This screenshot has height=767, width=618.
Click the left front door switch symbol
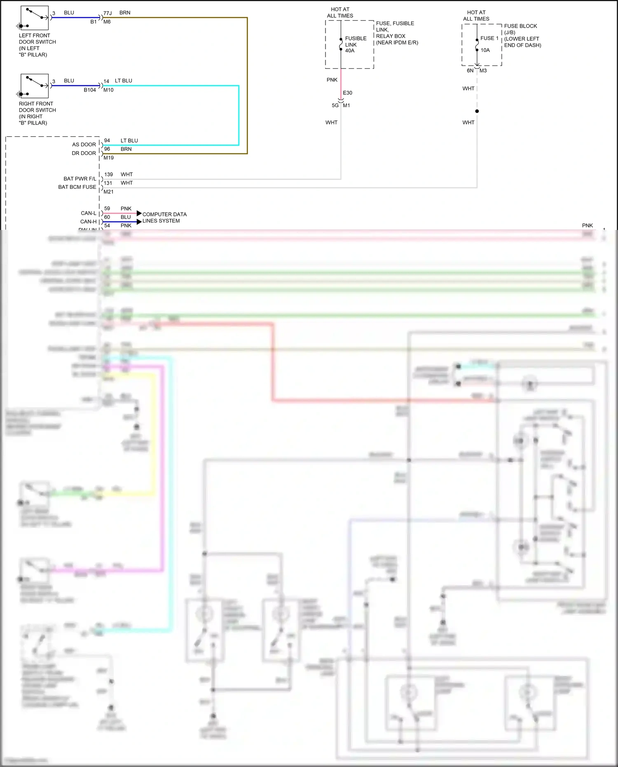pyautogui.click(x=35, y=18)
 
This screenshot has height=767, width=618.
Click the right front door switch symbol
pyautogui.click(x=35, y=86)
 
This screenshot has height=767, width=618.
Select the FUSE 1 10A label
pyautogui.click(x=489, y=44)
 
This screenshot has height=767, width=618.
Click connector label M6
pyautogui.click(x=107, y=22)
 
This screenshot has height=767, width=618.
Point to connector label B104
pyautogui.click(x=90, y=90)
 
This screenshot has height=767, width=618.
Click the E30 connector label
pyautogui.click(x=347, y=93)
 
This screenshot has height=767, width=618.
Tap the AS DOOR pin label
pyautogui.click(x=84, y=145)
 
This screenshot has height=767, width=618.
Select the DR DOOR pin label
pyautogui.click(x=84, y=153)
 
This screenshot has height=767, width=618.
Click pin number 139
pyautogui.click(x=108, y=174)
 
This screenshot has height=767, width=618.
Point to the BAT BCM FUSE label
pyautogui.click(x=77, y=187)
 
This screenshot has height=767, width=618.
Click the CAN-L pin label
pyautogui.click(x=88, y=213)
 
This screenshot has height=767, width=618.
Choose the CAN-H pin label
pyautogui.click(x=88, y=222)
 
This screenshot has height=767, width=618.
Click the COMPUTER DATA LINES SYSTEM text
pyautogui.click(x=164, y=218)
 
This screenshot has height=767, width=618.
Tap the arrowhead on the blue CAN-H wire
pyautogui.click(x=139, y=222)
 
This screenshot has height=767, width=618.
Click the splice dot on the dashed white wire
pyautogui.click(x=477, y=111)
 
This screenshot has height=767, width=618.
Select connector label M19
pyautogui.click(x=108, y=158)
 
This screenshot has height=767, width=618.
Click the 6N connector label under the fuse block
pyautogui.click(x=470, y=70)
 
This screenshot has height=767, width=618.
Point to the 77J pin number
pyautogui.click(x=108, y=13)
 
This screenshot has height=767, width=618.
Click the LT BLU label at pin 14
pyautogui.click(x=124, y=81)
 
